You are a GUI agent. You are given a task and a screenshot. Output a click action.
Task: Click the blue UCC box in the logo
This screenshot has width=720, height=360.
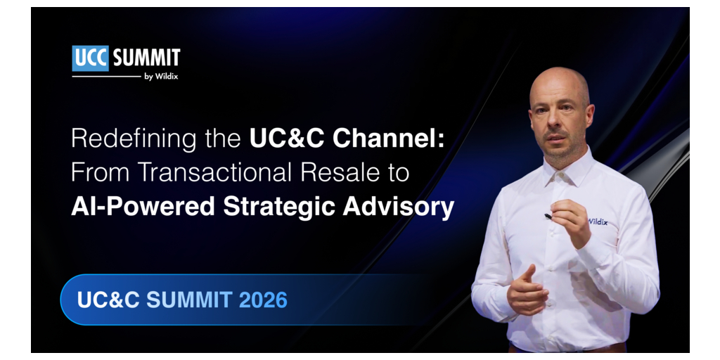click(x=91, y=58)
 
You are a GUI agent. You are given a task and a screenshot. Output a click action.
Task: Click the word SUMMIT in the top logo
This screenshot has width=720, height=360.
click(x=146, y=58)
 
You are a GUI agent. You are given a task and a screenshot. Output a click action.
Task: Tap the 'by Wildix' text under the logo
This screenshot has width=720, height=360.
click(x=161, y=77)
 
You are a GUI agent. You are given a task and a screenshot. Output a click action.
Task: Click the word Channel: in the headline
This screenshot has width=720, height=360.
click(x=388, y=139)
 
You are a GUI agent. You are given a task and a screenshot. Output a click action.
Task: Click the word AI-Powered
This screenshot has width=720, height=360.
click(x=143, y=207)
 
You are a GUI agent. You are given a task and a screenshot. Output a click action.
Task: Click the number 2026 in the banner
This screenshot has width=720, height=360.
click(x=263, y=300)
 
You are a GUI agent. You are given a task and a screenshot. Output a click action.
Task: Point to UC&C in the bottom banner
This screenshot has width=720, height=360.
click(x=108, y=300)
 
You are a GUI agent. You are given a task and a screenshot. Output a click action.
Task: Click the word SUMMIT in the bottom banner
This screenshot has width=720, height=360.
click(x=189, y=300)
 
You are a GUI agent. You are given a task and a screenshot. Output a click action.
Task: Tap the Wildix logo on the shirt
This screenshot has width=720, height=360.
click(x=598, y=221)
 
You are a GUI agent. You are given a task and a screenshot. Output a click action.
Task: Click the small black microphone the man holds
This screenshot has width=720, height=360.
click(x=548, y=216)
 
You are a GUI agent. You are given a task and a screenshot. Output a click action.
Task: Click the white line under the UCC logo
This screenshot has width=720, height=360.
click(x=107, y=77)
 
